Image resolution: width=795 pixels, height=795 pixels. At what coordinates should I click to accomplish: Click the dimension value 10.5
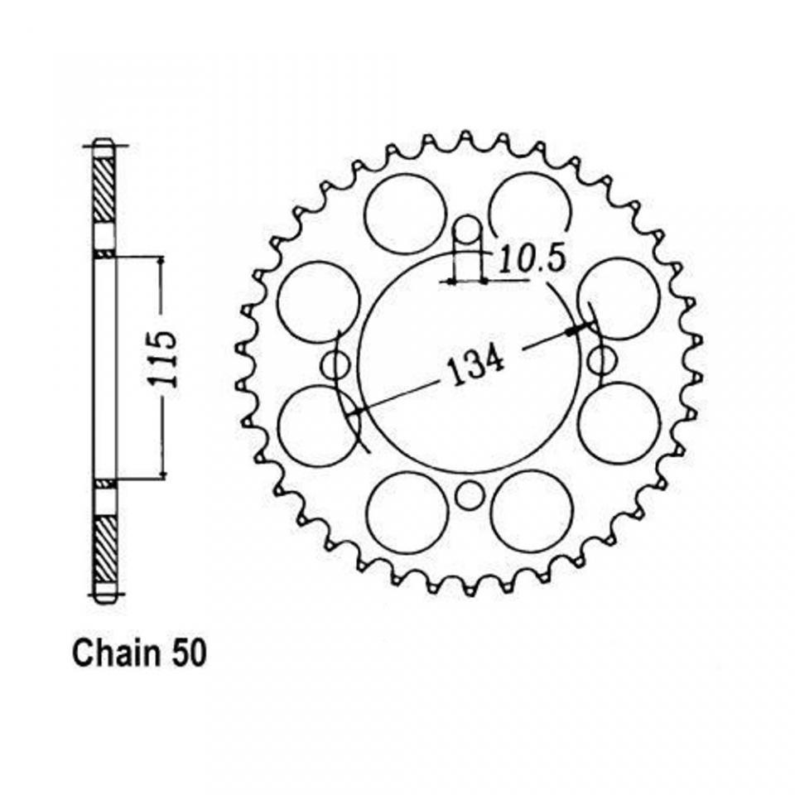tap(532, 259)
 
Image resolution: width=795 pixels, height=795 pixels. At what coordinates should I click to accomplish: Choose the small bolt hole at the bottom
tap(469, 497)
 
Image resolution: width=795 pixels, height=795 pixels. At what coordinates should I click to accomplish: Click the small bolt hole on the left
tap(335, 363)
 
